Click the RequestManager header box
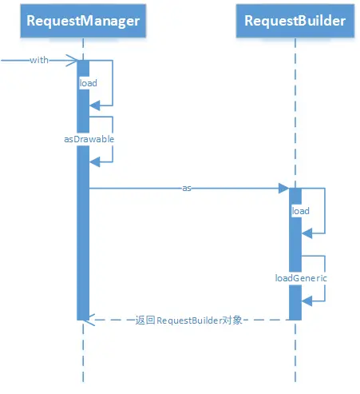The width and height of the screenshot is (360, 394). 83,21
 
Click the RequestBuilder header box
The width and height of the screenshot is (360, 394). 295,21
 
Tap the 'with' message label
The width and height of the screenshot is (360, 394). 39,60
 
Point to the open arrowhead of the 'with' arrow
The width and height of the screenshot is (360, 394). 72,61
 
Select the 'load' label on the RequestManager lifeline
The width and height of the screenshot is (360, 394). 89,83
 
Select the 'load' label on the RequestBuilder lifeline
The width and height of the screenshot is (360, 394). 301,211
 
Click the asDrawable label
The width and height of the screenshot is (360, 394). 89,139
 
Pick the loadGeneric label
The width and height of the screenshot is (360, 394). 301,278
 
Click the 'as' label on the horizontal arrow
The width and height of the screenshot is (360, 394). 187,189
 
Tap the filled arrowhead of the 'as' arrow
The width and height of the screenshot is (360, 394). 284,189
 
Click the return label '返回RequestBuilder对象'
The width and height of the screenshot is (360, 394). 188,320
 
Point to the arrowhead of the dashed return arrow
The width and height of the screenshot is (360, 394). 90,320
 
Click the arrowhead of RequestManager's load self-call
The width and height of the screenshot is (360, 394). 95,105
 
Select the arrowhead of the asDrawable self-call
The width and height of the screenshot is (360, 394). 95,161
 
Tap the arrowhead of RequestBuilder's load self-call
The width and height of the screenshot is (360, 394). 307,233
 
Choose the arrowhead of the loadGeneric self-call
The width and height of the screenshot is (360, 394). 307,301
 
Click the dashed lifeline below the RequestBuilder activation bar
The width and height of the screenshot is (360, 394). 295,351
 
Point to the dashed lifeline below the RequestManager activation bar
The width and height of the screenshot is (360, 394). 83,351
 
